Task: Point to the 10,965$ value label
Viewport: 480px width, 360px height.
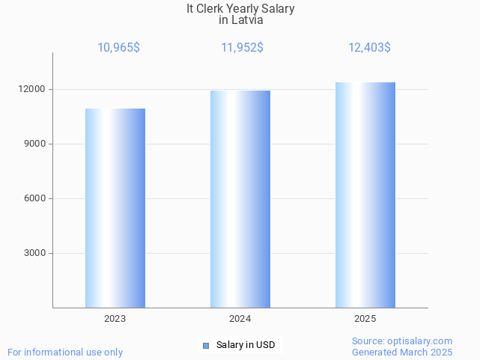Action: tap(118, 48)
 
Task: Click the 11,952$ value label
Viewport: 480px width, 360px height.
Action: tap(242, 48)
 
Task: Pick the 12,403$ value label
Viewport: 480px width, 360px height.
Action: tap(369, 48)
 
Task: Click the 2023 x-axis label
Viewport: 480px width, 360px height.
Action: tap(115, 319)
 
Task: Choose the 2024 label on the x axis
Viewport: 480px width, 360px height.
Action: tap(240, 319)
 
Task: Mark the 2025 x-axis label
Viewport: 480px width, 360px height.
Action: tap(365, 319)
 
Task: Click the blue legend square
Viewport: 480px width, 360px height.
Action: tap(206, 345)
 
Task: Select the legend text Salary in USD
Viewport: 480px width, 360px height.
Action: tap(246, 345)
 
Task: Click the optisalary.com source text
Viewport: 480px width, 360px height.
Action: tap(402, 341)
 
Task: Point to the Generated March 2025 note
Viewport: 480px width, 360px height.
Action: tap(402, 352)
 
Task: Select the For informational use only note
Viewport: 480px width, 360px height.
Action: tap(65, 352)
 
